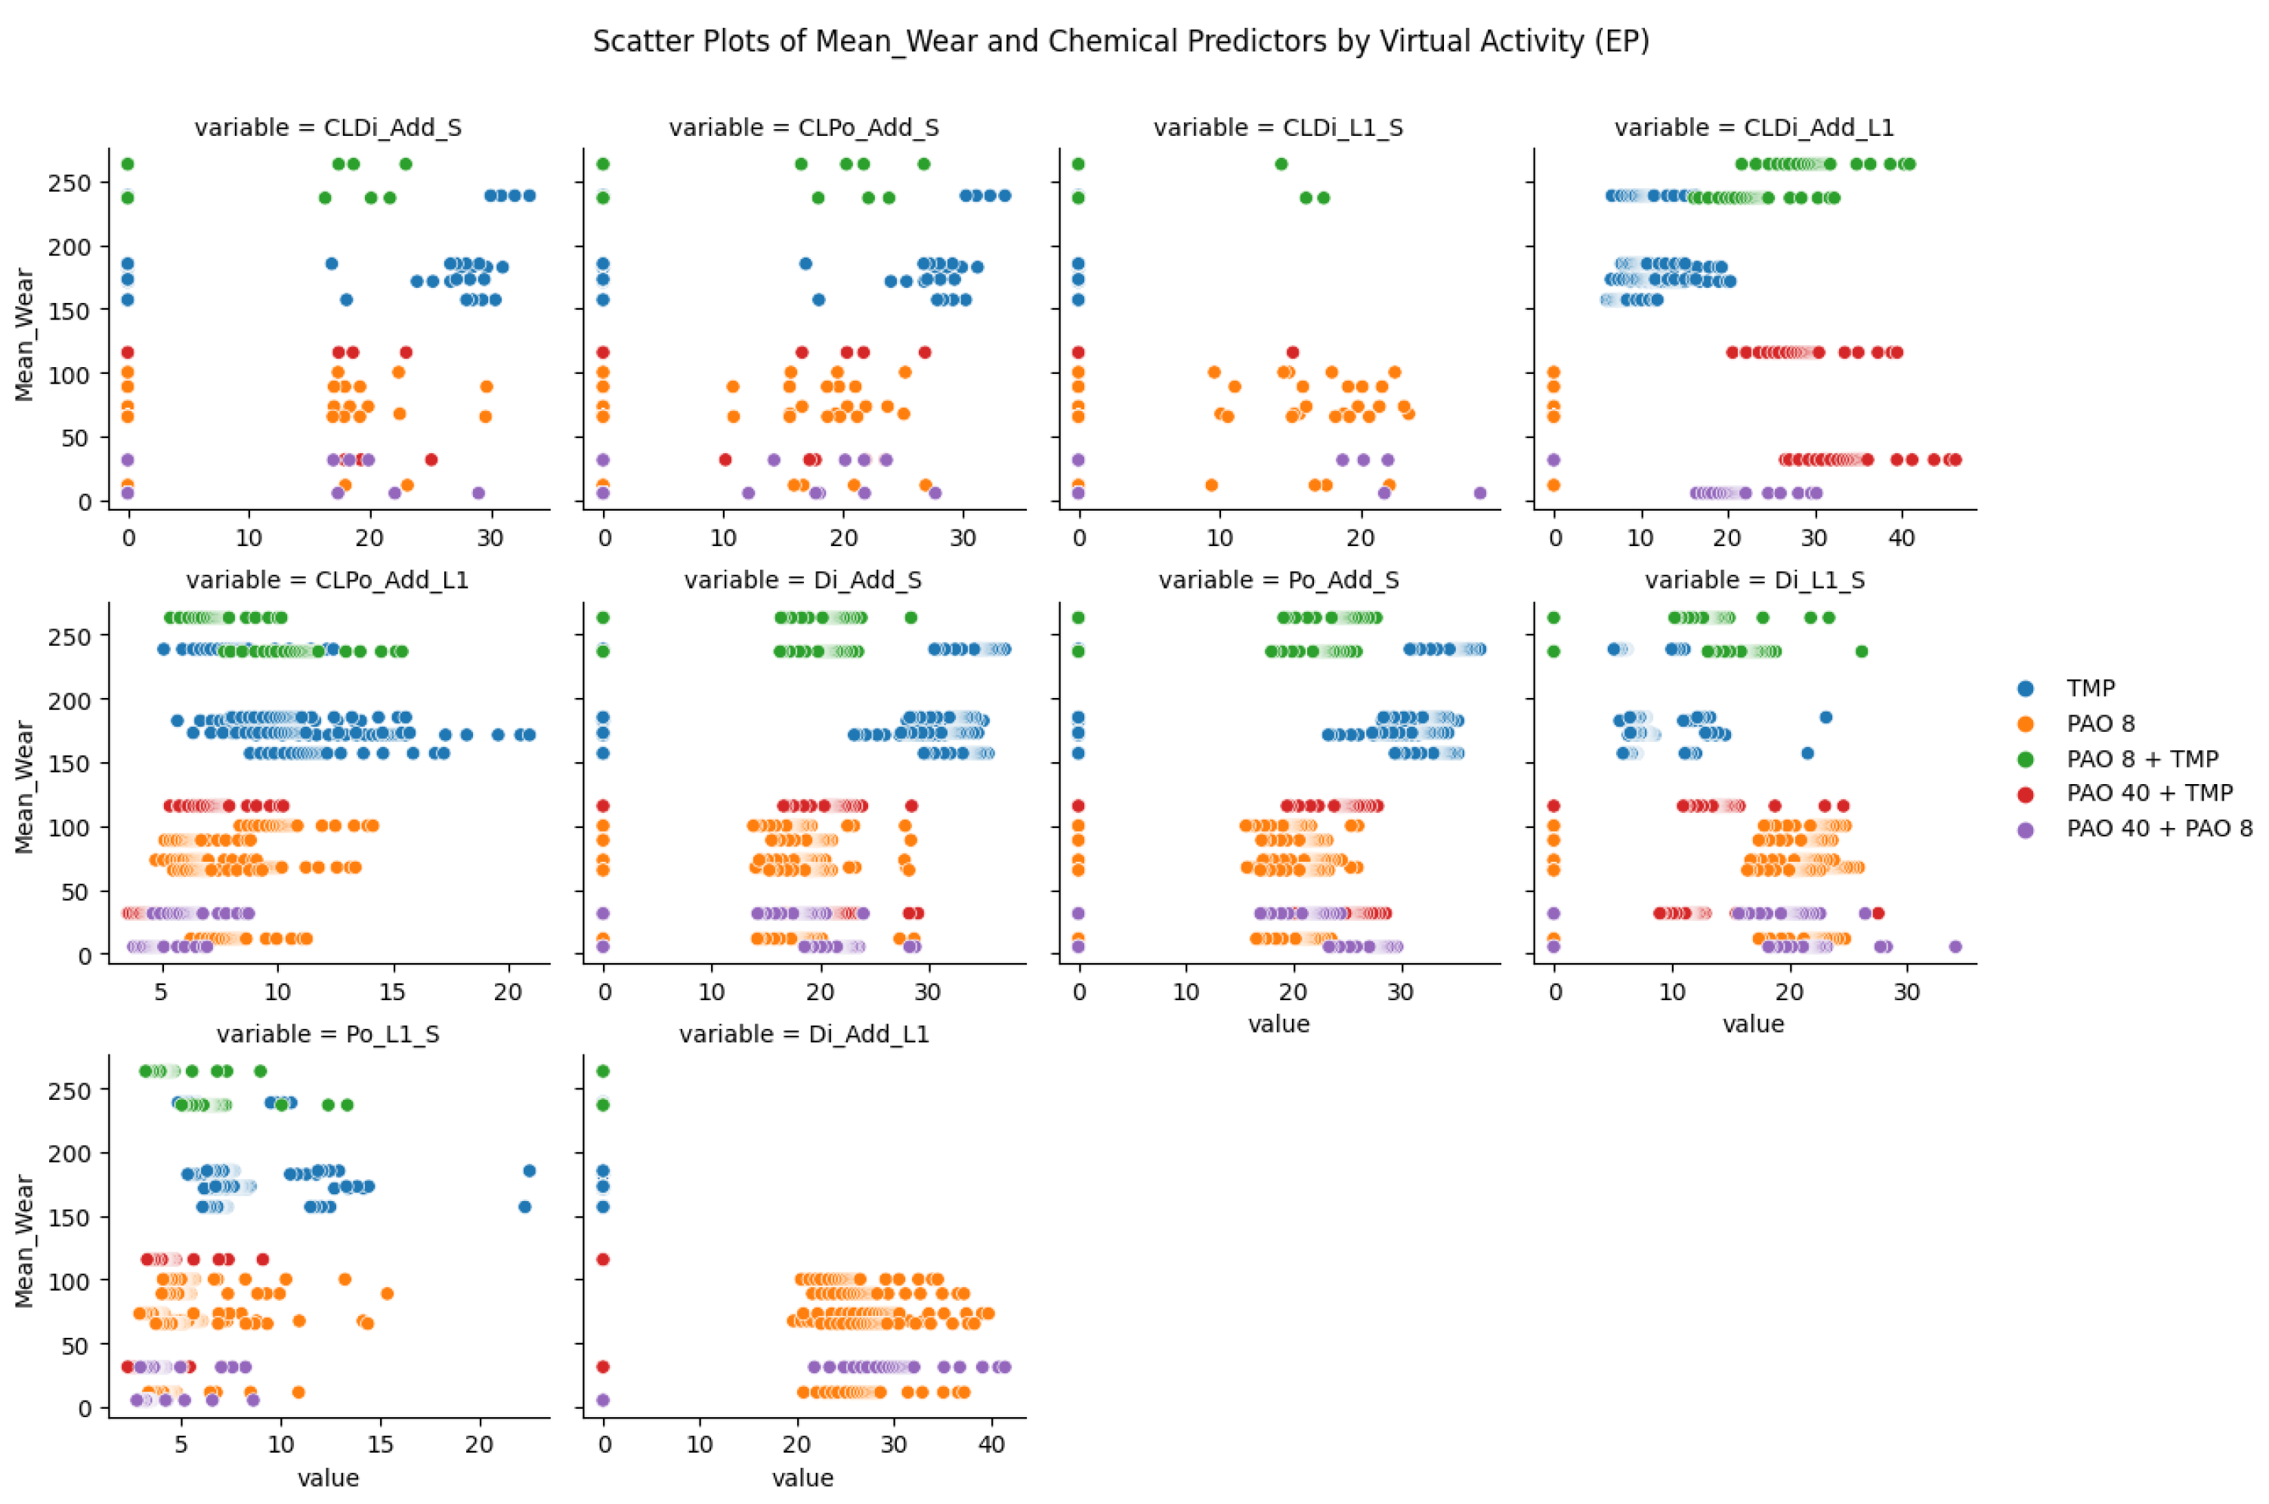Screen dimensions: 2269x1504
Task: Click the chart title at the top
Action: (x=1121, y=42)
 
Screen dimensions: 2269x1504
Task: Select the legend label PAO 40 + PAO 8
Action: (x=2159, y=828)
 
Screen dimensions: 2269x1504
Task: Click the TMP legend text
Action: (x=2091, y=687)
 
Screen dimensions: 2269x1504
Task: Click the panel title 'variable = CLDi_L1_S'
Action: (x=1278, y=128)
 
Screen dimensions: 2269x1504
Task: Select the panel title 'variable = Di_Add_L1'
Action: (x=804, y=1034)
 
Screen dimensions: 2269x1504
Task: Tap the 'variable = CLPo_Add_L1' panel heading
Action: (x=327, y=580)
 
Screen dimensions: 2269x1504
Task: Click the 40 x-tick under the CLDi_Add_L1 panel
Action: (x=1900, y=538)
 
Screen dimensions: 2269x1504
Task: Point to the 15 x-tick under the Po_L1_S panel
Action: (x=381, y=1444)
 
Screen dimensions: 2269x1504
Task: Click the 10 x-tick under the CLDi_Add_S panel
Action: (x=249, y=538)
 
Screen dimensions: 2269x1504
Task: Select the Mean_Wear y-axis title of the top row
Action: (x=25, y=335)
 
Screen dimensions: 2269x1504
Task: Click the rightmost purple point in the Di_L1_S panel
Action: (x=1955, y=947)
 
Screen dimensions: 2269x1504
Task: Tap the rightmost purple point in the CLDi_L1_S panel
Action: (x=1479, y=493)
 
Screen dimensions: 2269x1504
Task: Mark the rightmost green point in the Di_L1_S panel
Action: (x=1861, y=651)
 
